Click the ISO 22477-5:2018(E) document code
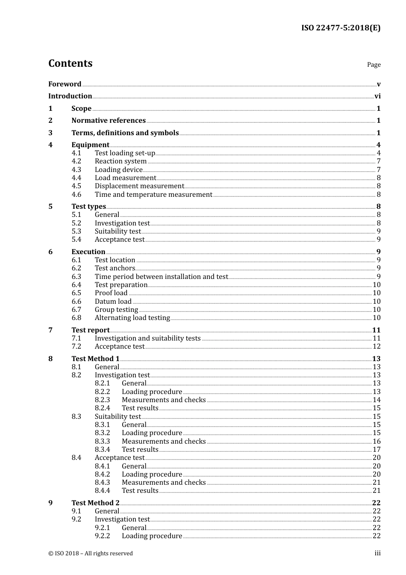[341, 28]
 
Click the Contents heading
[70, 63]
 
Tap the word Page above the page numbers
[374, 65]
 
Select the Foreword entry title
[65, 84]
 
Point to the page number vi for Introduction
[377, 96]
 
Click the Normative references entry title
[109, 121]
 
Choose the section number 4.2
[76, 161]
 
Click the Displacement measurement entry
[139, 186]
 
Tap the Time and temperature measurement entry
[153, 195]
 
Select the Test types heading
[88, 207]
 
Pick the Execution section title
[88, 252]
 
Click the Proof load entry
[111, 293]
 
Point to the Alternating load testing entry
[132, 318]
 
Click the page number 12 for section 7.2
[377, 347]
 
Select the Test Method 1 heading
[95, 359]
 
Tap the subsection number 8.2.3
[102, 400]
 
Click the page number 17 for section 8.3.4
[377, 450]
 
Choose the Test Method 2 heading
[95, 503]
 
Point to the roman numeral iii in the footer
[377, 553]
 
